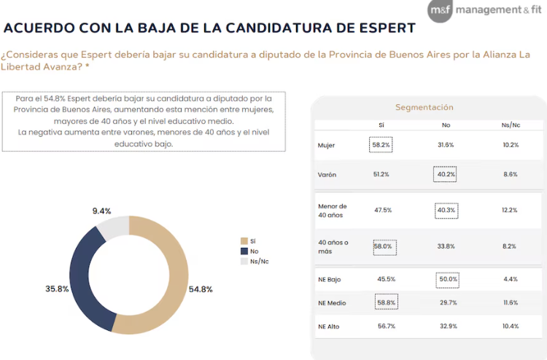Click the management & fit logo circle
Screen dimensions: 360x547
tap(441, 11)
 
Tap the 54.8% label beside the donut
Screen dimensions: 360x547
tap(200, 289)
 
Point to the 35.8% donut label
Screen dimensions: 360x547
tap(58, 289)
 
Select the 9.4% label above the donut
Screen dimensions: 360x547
tap(102, 211)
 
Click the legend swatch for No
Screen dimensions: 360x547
tap(244, 251)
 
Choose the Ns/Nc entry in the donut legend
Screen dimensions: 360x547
tap(259, 261)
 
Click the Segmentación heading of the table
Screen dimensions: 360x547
tap(424, 107)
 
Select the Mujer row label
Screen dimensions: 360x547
tap(326, 145)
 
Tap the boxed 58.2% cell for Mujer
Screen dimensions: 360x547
tap(381, 145)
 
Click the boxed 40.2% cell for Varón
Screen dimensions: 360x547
tap(446, 174)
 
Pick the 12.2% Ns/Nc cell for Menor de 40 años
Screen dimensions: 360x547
tap(510, 210)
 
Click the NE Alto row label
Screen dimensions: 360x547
tap(330, 326)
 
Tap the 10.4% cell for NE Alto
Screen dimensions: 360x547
tap(510, 326)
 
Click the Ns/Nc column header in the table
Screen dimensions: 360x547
tap(510, 125)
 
